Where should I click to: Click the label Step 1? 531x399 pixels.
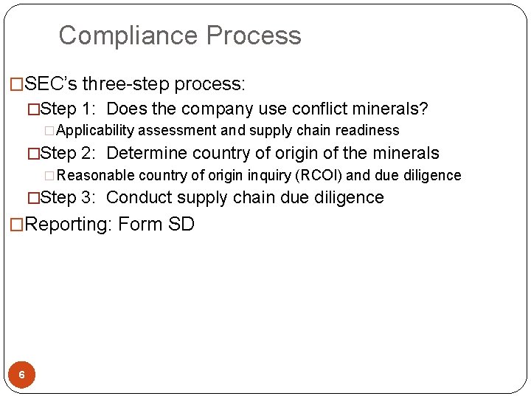pyautogui.click(x=67, y=110)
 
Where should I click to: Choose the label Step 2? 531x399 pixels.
pyautogui.click(x=67, y=154)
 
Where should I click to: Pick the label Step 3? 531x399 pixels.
pyautogui.click(x=67, y=197)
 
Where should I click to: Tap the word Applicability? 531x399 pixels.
pyautogui.click(x=95, y=131)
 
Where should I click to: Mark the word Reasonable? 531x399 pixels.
pyautogui.click(x=91, y=176)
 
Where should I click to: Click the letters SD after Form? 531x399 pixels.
pyautogui.click(x=181, y=224)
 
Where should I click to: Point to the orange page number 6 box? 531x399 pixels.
pyautogui.click(x=21, y=375)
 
